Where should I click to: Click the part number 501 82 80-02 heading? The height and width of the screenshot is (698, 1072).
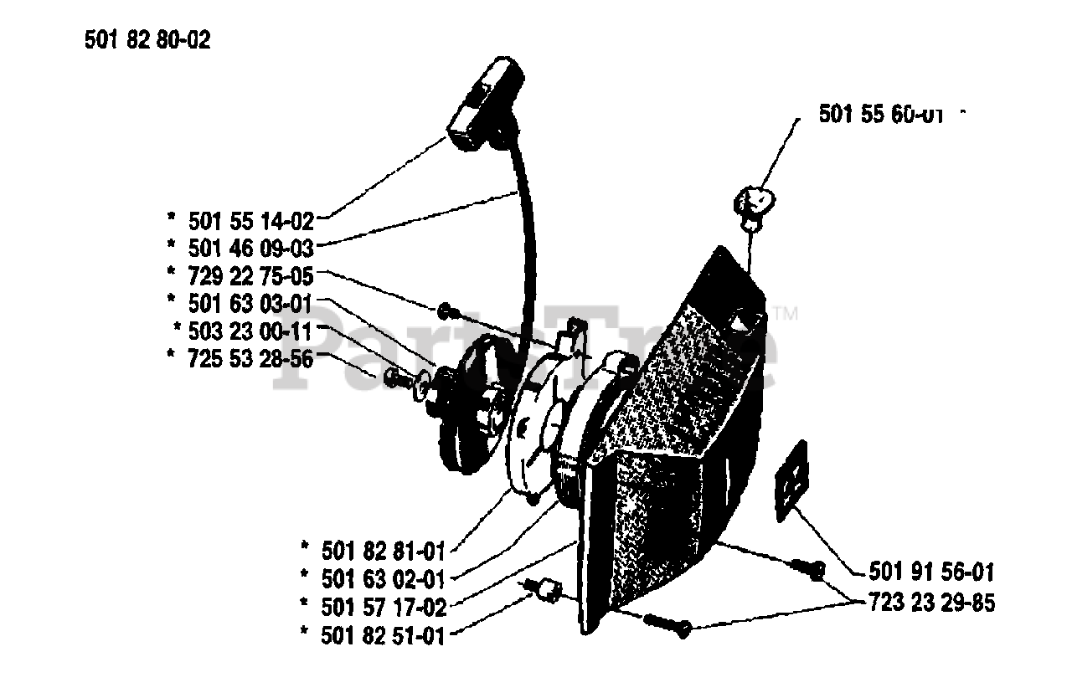tap(147, 39)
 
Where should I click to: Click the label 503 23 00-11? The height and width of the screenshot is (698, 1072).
tap(251, 331)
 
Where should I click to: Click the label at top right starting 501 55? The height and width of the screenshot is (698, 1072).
tap(879, 115)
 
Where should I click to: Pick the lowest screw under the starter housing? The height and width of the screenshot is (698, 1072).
tap(667, 624)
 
